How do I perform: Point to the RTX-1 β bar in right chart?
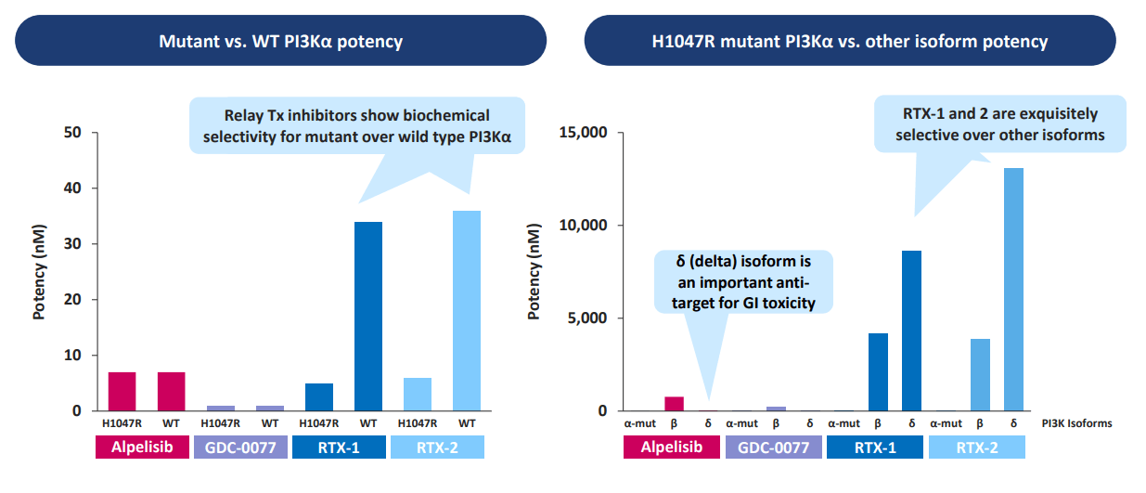[x=878, y=371]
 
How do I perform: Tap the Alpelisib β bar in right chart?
[x=674, y=404]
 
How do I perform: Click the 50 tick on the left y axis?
[x=73, y=133]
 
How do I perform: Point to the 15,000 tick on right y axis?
[x=581, y=133]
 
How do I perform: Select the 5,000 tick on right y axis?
[x=586, y=318]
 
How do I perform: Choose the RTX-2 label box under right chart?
[x=978, y=448]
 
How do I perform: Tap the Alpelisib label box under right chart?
[x=673, y=448]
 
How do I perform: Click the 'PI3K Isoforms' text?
[x=1076, y=423]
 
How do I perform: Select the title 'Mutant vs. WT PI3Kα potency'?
[x=280, y=42]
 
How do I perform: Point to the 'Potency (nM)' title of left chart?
[x=40, y=272]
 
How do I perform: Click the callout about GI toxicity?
[x=744, y=281]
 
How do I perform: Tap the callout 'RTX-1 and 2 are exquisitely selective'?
[x=1000, y=124]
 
